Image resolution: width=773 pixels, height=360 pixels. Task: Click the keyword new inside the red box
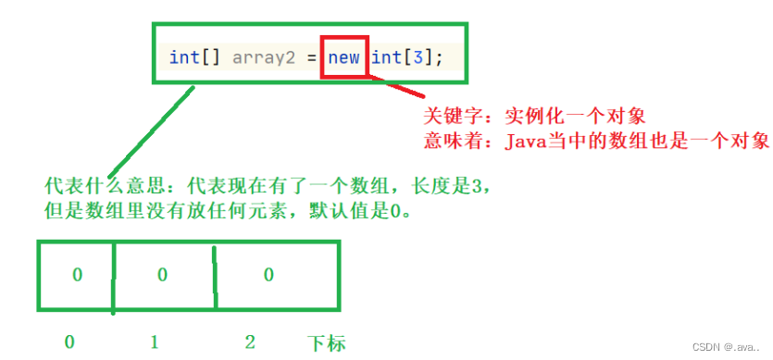pos(343,57)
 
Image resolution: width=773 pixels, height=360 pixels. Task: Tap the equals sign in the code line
pos(309,57)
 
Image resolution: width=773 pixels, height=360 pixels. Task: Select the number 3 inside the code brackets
pos(417,57)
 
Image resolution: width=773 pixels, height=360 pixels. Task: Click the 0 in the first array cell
pos(77,275)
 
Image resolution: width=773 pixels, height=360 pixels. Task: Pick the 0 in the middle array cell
pos(162,275)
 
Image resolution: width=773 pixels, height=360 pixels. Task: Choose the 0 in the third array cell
pos(268,275)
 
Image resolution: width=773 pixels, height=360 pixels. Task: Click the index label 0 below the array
pos(69,342)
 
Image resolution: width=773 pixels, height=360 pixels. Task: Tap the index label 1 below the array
pos(154,342)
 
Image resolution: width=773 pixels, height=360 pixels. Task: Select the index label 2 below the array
pos(249,342)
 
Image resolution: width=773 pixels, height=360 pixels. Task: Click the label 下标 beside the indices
pos(326,343)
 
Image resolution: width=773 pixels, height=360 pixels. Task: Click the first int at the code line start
pos(184,57)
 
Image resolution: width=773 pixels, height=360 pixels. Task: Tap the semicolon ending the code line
pos(439,57)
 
